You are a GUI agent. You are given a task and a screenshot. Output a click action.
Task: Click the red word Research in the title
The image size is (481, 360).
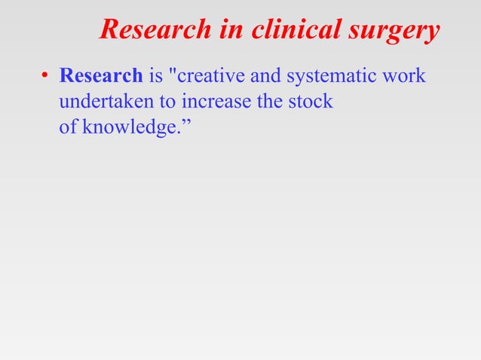point(155,30)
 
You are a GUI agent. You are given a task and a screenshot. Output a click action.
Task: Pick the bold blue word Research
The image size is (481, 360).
point(101,77)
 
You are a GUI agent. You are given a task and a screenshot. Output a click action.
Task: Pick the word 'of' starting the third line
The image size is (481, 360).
point(68,125)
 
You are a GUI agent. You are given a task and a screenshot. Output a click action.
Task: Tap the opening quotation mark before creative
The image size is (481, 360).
point(176,72)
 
